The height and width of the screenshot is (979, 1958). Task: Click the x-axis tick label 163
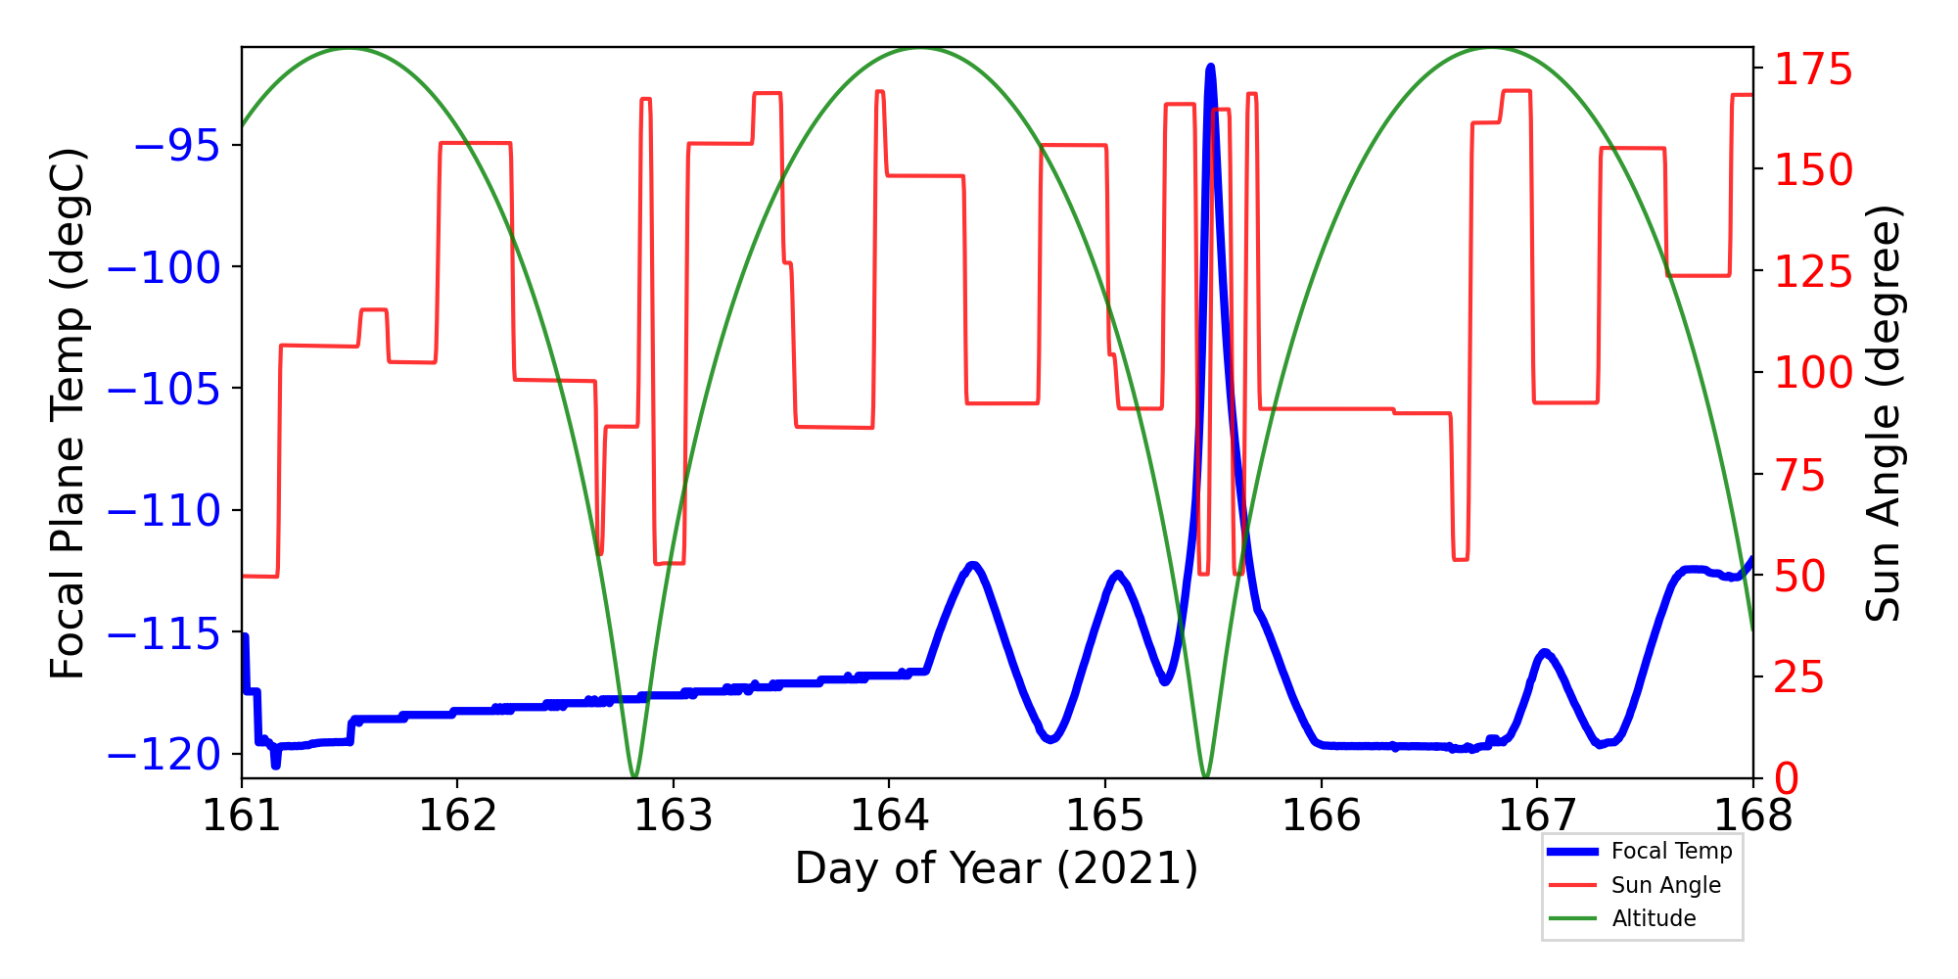tap(674, 816)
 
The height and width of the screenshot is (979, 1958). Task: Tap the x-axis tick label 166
tap(1321, 816)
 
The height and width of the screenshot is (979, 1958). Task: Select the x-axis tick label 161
tap(242, 816)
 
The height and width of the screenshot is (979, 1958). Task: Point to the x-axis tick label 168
tap(1752, 816)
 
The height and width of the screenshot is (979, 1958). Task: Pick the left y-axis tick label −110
tap(163, 511)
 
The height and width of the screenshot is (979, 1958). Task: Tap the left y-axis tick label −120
tap(163, 755)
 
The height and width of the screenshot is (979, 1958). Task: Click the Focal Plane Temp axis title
tap(69, 413)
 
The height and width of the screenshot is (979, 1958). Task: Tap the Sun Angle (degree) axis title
tap(1883, 413)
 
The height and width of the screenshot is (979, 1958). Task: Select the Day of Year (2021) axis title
tap(997, 868)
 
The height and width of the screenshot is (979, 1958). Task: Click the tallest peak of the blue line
tap(1211, 67)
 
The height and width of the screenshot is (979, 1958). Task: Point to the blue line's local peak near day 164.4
tap(972, 565)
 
